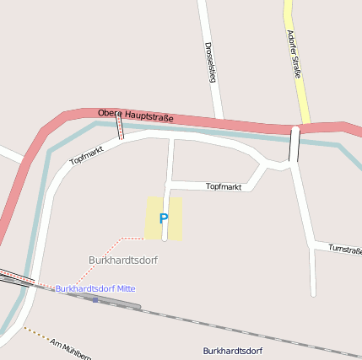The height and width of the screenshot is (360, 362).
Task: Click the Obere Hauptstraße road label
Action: [136, 116]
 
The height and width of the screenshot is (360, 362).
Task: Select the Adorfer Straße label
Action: [294, 55]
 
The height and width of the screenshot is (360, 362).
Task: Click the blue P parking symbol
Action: [164, 218]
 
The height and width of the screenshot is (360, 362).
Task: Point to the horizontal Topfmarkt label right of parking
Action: [224, 186]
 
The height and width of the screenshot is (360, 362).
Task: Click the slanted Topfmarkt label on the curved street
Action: [86, 153]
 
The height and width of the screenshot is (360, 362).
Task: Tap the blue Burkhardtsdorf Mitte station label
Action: [95, 288]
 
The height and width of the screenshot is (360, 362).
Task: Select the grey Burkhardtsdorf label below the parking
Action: [123, 260]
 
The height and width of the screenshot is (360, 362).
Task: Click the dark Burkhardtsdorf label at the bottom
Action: [232, 350]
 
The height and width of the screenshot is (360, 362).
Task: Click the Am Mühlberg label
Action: [69, 347]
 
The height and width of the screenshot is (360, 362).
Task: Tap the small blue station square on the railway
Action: [95, 299]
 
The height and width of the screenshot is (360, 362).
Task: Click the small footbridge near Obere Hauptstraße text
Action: [120, 127]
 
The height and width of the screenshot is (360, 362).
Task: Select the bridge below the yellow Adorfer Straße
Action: [294, 144]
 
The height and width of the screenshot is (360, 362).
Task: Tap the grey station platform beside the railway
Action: [118, 303]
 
